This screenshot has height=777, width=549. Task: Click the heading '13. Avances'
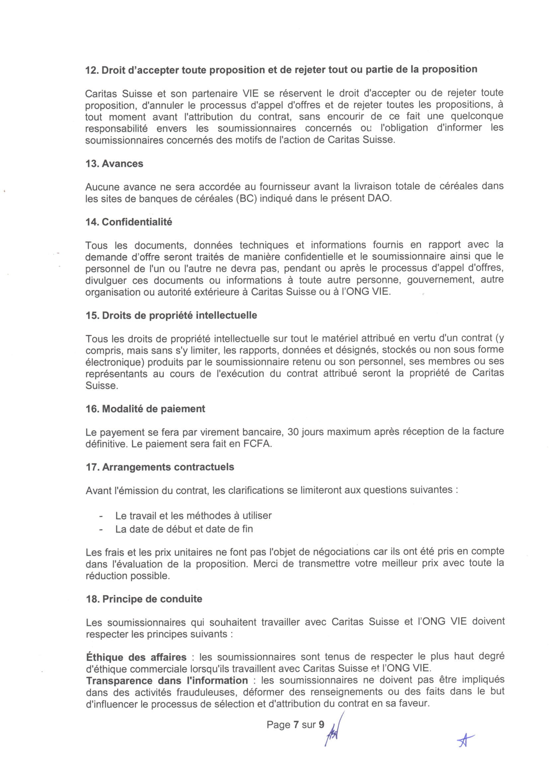(114, 164)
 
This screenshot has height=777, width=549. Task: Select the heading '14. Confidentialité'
(129, 222)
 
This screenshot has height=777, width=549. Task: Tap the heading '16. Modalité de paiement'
(145, 409)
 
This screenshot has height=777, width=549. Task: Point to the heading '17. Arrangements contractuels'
(160, 467)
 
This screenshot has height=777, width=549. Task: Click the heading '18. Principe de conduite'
(144, 599)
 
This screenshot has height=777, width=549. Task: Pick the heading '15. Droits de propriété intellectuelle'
(171, 315)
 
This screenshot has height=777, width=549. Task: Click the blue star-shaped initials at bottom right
(465, 741)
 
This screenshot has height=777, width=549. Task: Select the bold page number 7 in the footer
(296, 725)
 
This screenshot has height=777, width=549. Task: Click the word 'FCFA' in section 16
(257, 444)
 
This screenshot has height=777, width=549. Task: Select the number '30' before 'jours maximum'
(293, 432)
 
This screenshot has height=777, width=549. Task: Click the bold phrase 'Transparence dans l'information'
(167, 681)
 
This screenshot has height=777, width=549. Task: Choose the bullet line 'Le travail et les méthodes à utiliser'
(194, 516)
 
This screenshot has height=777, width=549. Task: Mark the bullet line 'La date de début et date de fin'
(184, 529)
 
